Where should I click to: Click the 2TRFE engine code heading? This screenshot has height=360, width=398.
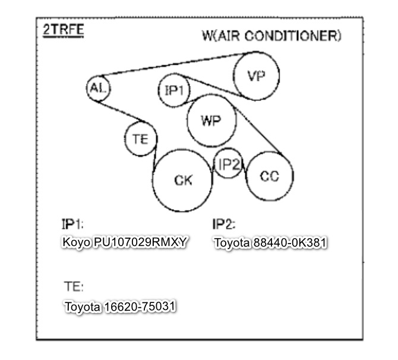click(63, 30)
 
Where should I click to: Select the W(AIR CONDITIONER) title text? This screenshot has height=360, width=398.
click(271, 36)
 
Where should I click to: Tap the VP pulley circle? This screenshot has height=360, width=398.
click(257, 52)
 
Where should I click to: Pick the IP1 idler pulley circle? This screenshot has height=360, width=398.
click(174, 74)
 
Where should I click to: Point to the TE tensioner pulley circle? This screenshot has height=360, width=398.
click(141, 122)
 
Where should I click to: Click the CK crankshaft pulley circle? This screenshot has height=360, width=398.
click(182, 150)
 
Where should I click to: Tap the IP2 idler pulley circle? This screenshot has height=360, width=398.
click(228, 149)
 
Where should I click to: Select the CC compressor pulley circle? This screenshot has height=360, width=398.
click(270, 153)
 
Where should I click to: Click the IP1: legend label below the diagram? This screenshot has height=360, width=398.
click(72, 224)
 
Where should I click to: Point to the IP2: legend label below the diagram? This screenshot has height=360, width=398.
click(224, 224)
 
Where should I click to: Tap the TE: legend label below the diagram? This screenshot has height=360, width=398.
click(74, 286)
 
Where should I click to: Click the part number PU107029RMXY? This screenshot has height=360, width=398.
click(140, 242)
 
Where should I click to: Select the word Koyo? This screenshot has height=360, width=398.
click(77, 242)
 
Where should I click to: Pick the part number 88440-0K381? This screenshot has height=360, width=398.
click(290, 242)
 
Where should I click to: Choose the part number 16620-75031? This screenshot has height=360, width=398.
click(140, 306)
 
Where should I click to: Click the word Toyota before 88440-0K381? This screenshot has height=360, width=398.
click(232, 243)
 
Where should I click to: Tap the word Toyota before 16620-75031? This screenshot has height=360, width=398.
click(83, 307)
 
